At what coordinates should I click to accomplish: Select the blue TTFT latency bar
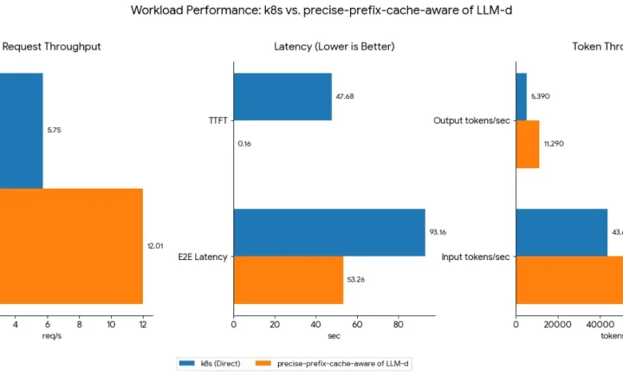(x=282, y=97)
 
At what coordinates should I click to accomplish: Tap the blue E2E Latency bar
(x=329, y=233)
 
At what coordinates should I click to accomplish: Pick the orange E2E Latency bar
(x=288, y=280)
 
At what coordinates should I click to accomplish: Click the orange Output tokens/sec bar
(x=527, y=144)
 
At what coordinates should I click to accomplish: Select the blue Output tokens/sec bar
(x=521, y=97)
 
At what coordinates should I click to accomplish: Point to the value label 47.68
(x=345, y=97)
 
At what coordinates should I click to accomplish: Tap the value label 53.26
(x=356, y=280)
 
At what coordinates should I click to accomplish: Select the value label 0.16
(x=244, y=144)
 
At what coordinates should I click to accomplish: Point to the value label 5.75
(x=54, y=130)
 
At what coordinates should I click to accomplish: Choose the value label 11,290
(x=554, y=144)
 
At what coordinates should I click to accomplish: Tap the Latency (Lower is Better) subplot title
(x=334, y=47)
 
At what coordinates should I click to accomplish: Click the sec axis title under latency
(x=334, y=337)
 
